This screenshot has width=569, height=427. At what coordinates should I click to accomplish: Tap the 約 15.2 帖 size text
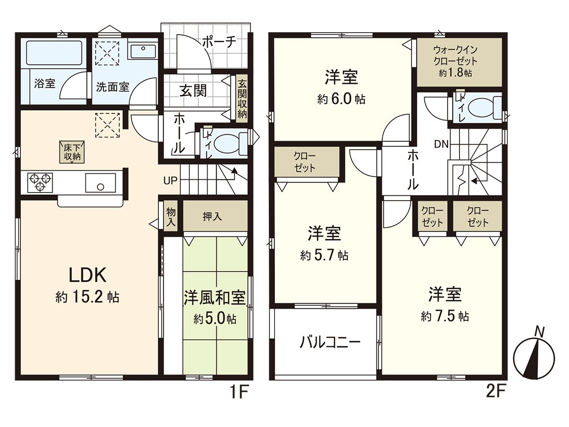[87, 298]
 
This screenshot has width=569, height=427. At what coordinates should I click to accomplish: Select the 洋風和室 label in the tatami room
[214, 297]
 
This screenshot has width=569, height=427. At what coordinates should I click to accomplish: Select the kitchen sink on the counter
[100, 182]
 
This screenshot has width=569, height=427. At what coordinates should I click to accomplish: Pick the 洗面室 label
[113, 87]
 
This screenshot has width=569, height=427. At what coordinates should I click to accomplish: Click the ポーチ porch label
[219, 42]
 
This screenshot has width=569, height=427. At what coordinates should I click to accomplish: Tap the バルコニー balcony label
[330, 342]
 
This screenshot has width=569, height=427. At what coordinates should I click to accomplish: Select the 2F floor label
[496, 392]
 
